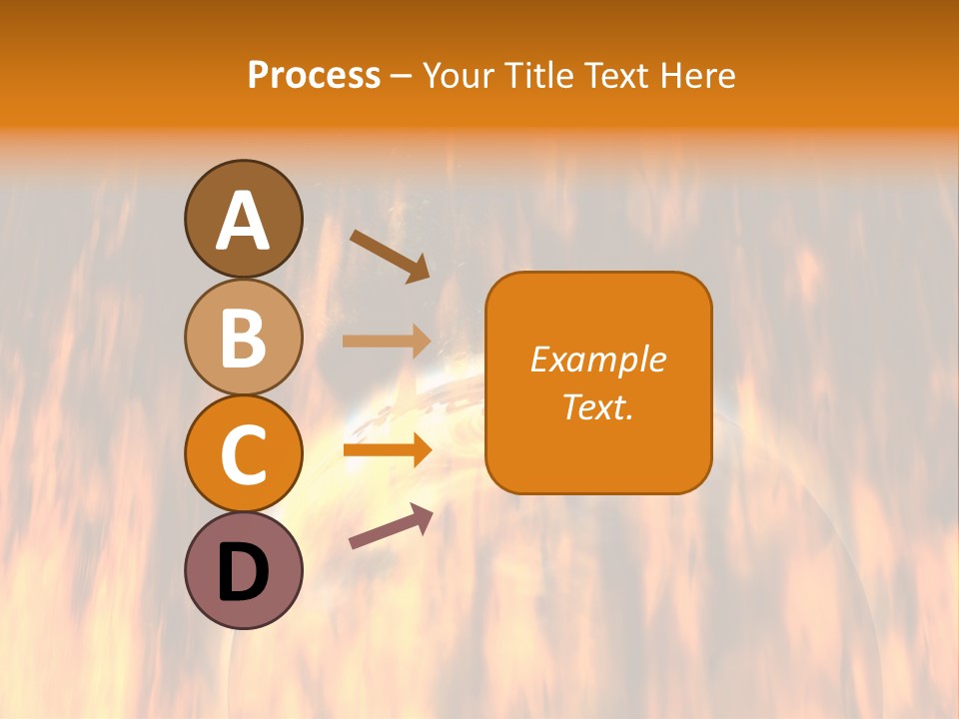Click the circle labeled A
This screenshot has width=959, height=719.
243,219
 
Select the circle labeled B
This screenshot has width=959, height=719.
243,337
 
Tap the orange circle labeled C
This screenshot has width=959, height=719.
243,453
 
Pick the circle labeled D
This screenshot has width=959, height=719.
243,570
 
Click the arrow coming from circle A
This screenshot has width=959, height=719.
390,255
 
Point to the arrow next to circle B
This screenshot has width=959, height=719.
387,341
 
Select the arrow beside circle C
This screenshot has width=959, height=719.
387,450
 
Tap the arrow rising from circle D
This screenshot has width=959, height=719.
391,526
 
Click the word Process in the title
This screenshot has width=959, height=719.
314,76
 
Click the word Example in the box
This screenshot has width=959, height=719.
598,359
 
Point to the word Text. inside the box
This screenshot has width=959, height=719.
598,406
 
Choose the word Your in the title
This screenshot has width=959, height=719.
460,76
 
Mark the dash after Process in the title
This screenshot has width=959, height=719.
402,77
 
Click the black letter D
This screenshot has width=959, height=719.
243,572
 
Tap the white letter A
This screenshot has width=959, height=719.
243,221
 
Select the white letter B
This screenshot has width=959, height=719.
243,338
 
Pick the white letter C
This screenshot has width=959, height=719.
243,454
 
